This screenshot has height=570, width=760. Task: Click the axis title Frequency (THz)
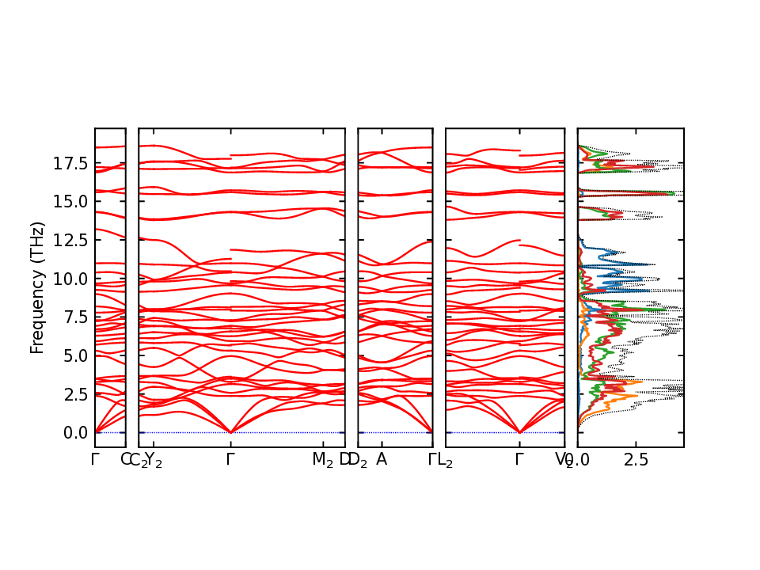pos(36,287)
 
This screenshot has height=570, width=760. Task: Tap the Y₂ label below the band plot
pos(154,459)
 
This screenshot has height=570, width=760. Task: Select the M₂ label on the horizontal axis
pos(322,459)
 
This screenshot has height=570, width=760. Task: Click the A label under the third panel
pos(382,459)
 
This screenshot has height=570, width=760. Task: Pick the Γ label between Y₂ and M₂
pos(230,459)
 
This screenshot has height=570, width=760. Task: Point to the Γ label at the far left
pos(95,459)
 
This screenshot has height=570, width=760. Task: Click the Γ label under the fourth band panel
pos(519,459)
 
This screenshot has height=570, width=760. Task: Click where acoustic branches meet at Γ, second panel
pos(230,432)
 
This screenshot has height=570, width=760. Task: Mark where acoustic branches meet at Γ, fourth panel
pos(519,432)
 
